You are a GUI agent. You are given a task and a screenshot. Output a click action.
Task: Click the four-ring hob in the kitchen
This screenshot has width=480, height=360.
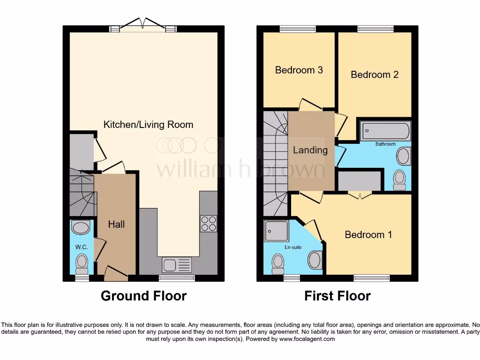pos(209,223)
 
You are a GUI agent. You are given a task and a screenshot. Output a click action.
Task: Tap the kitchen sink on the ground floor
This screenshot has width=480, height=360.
pos(177,265)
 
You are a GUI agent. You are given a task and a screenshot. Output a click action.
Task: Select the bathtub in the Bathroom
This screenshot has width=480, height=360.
pos(385,131)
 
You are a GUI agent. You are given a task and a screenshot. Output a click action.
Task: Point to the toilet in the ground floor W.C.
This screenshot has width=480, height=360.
pos(82,263)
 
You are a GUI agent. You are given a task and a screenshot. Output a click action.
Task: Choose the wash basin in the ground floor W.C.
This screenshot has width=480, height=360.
pos(81,228)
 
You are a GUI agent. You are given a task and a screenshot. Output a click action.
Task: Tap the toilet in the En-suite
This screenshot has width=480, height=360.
pos(278,263)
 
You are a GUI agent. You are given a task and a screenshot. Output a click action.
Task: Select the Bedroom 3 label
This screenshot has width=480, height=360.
pos(299,70)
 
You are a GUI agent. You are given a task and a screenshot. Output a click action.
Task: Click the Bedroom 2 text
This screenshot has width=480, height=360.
pos(375,75)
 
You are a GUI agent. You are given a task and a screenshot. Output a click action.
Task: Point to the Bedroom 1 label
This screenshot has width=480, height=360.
pos(368,234)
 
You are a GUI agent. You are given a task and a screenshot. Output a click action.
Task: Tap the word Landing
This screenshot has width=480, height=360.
pos(310,150)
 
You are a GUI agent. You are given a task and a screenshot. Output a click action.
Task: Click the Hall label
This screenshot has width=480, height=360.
pos(116,225)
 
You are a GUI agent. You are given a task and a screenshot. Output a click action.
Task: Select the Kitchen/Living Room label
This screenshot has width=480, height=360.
pos(148,125)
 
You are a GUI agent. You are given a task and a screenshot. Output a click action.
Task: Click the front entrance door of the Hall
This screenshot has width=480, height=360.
pos(116,274)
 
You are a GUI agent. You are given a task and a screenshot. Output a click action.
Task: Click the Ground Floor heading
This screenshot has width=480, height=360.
pos(143,296)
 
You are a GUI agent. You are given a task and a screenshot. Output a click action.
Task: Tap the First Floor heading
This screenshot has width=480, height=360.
pos(337,296)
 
